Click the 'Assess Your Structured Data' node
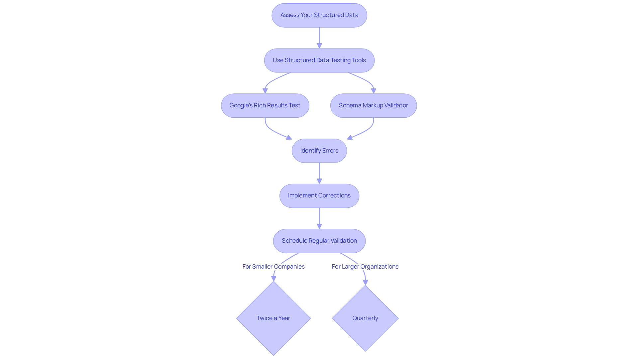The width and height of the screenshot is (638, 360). click(x=319, y=15)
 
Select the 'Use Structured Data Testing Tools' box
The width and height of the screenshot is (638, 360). click(x=319, y=60)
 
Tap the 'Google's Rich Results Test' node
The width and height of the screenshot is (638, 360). click(x=265, y=106)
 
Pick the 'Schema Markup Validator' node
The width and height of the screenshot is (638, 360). click(x=373, y=106)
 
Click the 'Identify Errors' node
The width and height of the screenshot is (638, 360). click(x=319, y=151)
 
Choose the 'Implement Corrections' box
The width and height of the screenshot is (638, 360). click(x=319, y=196)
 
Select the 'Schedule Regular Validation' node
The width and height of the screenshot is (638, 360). click(x=319, y=241)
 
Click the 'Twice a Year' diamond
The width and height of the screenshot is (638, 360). click(x=273, y=318)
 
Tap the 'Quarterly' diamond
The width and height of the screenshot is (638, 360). click(x=365, y=318)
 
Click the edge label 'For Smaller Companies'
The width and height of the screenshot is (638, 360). click(x=273, y=267)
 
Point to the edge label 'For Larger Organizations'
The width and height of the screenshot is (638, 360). click(x=365, y=267)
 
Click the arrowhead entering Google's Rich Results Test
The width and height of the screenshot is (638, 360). click(x=265, y=91)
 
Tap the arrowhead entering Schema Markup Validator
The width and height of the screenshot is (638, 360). click(x=373, y=91)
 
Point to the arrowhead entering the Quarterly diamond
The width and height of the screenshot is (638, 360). click(x=365, y=283)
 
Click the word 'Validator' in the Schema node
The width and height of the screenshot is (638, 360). click(x=396, y=106)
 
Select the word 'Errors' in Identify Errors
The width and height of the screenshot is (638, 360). click(x=330, y=151)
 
